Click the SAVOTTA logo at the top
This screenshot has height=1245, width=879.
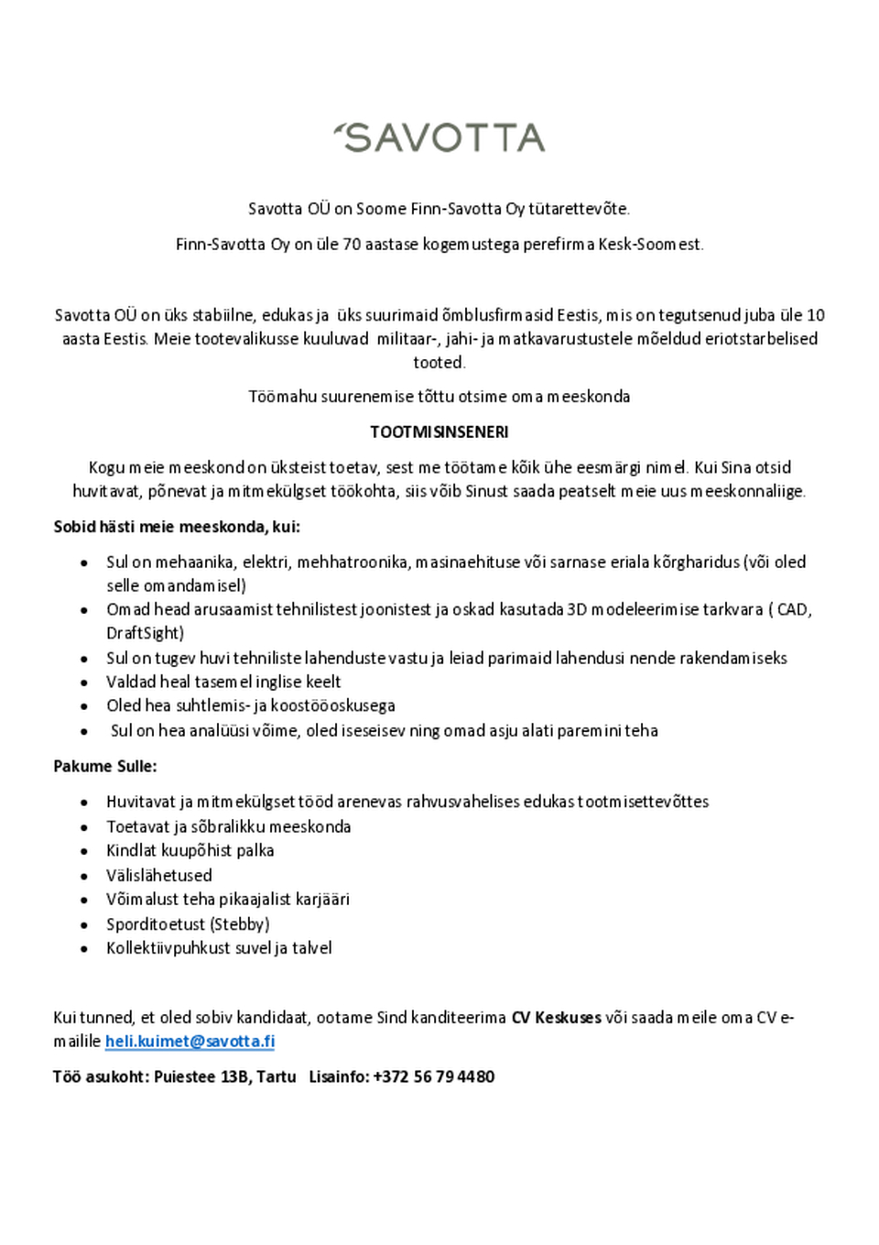click(439, 137)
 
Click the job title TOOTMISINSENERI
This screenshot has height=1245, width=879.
click(439, 431)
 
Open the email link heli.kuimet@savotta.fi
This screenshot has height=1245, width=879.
click(190, 1041)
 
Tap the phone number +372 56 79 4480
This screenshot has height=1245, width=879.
click(433, 1076)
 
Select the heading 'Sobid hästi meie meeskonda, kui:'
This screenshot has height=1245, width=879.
click(177, 527)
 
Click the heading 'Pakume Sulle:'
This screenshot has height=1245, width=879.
click(104, 766)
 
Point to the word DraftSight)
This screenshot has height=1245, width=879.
click(145, 633)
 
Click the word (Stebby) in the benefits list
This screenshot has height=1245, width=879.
click(241, 923)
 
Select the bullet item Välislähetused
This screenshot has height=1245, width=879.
click(158, 875)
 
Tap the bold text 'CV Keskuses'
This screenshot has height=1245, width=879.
click(556, 1017)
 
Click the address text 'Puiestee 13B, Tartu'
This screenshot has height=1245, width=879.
click(224, 1076)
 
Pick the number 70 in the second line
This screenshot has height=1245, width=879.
click(352, 245)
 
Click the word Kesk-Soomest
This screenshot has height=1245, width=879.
click(650, 245)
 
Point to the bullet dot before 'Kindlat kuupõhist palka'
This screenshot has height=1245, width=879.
click(84, 851)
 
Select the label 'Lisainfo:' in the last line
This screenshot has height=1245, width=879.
click(339, 1076)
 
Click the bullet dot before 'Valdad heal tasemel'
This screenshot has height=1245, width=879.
click(84, 683)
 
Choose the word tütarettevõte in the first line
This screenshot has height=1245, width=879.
click(579, 209)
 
